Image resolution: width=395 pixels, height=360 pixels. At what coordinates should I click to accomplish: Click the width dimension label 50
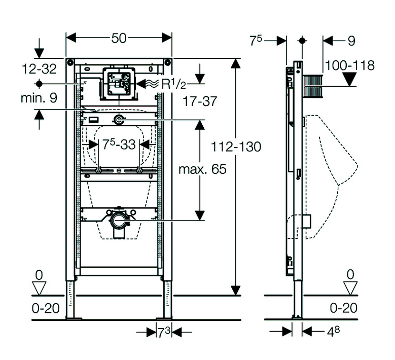119,39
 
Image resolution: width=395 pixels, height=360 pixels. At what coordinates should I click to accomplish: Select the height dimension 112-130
236,147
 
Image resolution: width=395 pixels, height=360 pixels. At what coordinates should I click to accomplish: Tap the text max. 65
202,169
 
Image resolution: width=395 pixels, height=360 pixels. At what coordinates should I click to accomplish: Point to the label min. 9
39,98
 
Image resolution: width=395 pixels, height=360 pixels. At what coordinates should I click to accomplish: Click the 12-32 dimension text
40,69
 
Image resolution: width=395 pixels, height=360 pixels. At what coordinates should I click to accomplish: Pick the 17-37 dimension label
200,101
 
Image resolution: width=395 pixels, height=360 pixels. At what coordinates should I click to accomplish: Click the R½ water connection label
173,84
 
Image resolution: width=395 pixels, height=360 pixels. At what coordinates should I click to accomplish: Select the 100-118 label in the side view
350,65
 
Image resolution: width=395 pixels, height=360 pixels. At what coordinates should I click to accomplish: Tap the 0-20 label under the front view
46,308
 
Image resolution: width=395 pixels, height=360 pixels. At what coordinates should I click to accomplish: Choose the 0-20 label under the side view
344,308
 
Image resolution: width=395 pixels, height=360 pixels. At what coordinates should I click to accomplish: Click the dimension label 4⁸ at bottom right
333,332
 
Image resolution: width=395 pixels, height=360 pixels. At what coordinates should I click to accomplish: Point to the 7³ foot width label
164,333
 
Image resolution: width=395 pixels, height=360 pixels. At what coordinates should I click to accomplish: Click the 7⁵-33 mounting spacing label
119,145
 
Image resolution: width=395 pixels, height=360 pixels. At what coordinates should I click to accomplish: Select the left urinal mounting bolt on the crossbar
98,170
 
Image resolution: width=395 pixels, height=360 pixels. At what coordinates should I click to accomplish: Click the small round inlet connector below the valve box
119,120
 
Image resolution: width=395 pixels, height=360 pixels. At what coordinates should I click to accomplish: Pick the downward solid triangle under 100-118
350,79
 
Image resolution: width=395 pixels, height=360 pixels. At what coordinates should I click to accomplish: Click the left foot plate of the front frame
74,318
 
